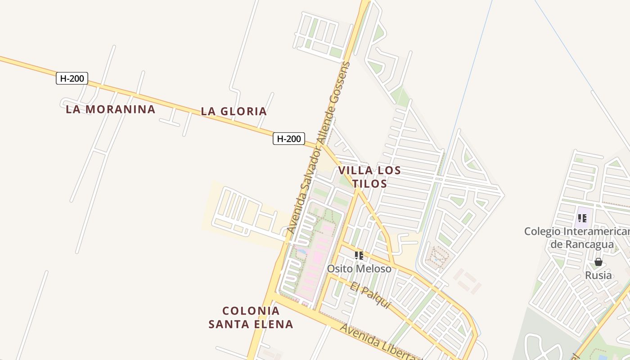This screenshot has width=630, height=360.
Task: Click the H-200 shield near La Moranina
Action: click(x=72, y=78)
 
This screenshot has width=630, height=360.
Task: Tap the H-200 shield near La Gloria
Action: click(x=288, y=139)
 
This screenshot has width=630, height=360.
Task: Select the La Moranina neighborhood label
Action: click(x=111, y=109)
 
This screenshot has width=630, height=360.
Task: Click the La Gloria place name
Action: click(x=234, y=111)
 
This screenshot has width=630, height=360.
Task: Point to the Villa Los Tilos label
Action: click(x=369, y=177)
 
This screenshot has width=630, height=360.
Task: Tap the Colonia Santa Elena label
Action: click(x=251, y=317)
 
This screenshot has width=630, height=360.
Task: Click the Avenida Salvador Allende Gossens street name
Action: click(x=319, y=148)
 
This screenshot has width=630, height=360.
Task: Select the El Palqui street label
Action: click(x=370, y=295)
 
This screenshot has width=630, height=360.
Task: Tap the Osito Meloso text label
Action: click(x=359, y=269)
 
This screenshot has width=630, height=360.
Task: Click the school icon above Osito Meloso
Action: click(x=359, y=256)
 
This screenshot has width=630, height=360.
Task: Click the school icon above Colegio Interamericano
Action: click(x=582, y=218)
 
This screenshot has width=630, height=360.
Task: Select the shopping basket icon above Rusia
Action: click(x=598, y=262)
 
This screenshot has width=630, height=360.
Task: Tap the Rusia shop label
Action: click(x=598, y=275)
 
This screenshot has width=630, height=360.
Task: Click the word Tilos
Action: click(x=369, y=184)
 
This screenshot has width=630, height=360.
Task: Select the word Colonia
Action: click(x=251, y=311)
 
